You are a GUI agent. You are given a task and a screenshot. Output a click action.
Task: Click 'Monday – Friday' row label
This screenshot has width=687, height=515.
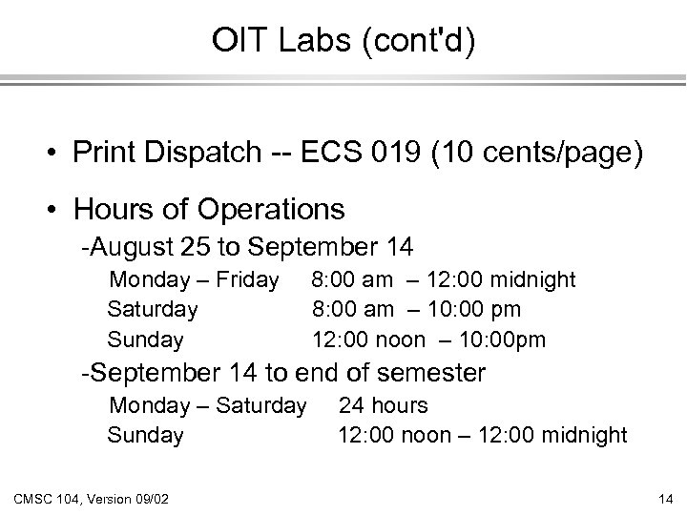(194, 279)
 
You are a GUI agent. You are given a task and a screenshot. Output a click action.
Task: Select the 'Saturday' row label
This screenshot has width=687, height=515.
(153, 309)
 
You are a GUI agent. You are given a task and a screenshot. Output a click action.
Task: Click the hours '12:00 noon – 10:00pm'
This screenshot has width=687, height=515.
(429, 339)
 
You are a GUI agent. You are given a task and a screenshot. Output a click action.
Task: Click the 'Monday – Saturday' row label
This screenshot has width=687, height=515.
(208, 406)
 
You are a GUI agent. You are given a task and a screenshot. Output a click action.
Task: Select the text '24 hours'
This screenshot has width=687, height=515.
(384, 406)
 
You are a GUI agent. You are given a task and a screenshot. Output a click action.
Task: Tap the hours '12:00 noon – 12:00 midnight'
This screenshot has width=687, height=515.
(483, 436)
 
